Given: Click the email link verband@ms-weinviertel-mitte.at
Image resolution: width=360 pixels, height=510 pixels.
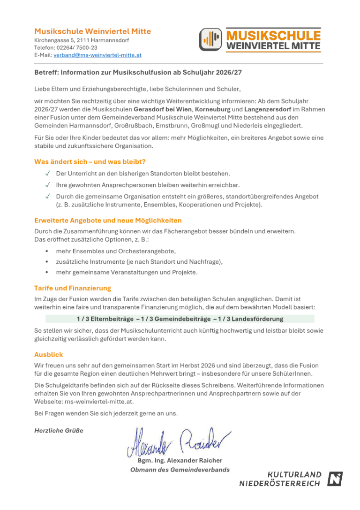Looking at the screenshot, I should (x=97, y=55).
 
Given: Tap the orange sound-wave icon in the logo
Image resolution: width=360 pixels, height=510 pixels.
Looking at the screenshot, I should (x=210, y=39).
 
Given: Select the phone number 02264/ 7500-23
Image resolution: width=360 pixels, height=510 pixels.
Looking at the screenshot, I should (x=77, y=47).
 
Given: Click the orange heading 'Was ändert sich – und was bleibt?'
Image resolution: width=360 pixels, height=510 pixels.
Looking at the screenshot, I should (x=90, y=161).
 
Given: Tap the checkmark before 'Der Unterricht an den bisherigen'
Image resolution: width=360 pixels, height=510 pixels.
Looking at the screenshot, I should (x=47, y=174).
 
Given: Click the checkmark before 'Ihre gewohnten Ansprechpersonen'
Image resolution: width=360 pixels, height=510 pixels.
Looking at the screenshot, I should (x=47, y=185).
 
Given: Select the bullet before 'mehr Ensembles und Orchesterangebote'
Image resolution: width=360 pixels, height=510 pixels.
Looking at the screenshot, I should (x=47, y=251).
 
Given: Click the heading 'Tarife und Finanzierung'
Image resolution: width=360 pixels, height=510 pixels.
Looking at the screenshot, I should (x=73, y=288).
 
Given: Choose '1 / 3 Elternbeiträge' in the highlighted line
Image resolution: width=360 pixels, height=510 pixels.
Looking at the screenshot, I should (x=105, y=319).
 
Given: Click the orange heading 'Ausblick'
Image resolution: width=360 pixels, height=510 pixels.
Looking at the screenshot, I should (x=48, y=355).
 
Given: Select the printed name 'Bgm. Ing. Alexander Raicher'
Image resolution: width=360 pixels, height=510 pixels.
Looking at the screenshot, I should (x=180, y=460).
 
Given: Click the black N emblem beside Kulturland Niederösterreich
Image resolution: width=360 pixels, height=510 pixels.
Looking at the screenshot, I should (x=335, y=479).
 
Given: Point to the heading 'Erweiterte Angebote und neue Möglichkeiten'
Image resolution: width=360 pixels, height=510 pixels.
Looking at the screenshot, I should (x=108, y=220).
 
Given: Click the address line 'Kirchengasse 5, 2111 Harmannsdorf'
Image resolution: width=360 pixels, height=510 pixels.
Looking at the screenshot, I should (x=82, y=40).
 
